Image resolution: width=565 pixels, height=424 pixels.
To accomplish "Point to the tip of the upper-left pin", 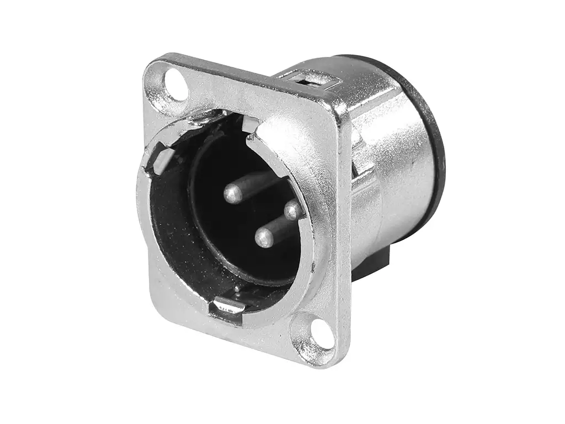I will point(233,193).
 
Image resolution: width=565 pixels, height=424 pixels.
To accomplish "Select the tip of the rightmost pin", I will point(292,210).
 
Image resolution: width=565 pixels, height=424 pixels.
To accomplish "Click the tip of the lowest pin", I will point(264,239).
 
